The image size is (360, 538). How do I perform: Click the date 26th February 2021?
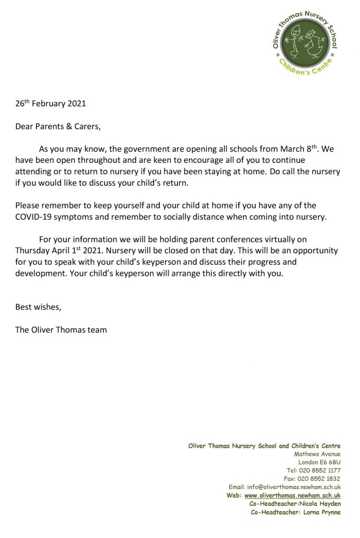point(50,103)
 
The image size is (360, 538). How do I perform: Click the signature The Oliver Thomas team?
point(61,330)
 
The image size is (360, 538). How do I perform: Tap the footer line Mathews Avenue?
point(317,453)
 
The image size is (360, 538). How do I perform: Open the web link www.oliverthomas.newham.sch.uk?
point(292,495)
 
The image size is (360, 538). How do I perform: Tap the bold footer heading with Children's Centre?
point(264,446)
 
